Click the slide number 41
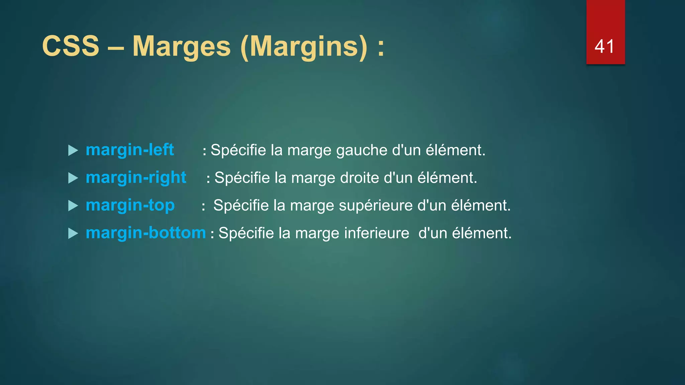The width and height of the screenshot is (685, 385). click(x=604, y=46)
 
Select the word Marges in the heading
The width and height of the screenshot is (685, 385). click(x=182, y=47)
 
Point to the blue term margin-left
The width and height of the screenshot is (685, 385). click(x=130, y=150)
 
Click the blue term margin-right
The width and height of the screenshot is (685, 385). click(x=136, y=177)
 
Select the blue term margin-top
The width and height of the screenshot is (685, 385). click(x=130, y=205)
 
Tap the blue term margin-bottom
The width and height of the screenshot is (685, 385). click(x=146, y=233)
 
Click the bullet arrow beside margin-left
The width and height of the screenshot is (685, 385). click(x=73, y=150)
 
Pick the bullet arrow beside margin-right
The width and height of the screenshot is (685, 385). click(x=73, y=178)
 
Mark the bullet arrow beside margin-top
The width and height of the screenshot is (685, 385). click(x=73, y=206)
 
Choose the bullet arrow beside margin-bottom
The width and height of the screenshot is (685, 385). click(x=73, y=233)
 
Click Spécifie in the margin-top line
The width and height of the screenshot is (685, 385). click(x=241, y=206)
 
